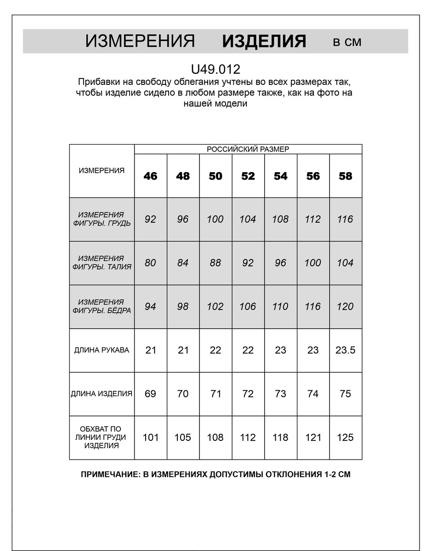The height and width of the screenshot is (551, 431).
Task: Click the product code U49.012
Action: pos(215,69)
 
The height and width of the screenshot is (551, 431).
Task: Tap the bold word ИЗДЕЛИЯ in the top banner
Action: pos(264,41)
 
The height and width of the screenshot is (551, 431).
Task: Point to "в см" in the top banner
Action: pos(347,42)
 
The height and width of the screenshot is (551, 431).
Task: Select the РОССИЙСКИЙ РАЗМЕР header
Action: pos(248,149)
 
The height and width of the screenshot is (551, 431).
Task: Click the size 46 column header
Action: pos(150,176)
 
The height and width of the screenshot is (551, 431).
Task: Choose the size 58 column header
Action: pos(345,176)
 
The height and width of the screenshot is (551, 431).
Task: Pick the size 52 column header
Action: pos(248,176)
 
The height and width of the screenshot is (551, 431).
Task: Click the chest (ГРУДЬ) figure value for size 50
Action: pos(215,219)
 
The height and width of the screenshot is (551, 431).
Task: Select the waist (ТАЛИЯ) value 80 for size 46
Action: pos(150,263)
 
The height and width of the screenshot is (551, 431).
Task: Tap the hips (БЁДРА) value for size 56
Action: pos(312,306)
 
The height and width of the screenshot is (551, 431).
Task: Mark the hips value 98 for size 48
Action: pos(183,306)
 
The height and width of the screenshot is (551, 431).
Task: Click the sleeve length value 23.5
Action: pos(345,350)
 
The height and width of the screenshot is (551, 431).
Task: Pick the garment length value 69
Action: pos(150,394)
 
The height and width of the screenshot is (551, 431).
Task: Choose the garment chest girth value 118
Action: pos(280,437)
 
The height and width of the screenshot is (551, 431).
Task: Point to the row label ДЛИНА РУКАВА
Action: pos(102,350)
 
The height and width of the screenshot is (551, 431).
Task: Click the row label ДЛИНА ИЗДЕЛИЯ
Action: pos(102,394)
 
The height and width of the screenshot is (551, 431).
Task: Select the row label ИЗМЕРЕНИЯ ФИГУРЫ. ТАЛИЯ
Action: pos(102,263)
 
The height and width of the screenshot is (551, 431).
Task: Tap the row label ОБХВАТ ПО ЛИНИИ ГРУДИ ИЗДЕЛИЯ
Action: pos(102,437)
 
